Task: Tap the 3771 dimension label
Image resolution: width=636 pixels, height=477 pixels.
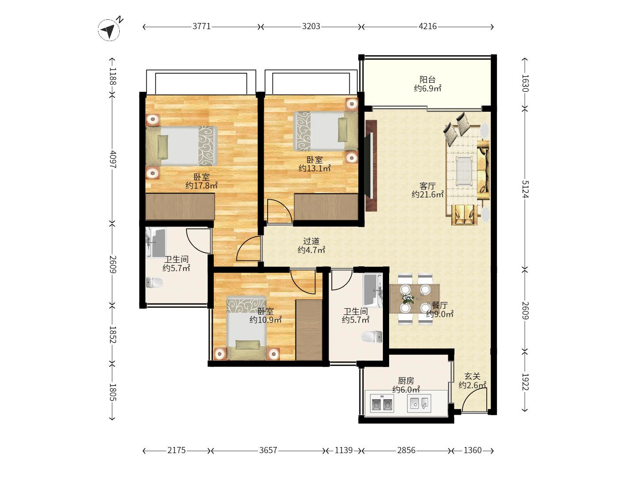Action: click(x=202, y=26)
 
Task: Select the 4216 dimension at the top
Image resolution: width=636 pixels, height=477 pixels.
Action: click(x=428, y=26)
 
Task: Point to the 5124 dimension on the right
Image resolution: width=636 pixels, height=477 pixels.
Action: click(x=525, y=189)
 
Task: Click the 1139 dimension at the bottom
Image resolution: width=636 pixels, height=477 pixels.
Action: click(x=344, y=450)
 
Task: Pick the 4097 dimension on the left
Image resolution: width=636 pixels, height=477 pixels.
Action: click(x=113, y=159)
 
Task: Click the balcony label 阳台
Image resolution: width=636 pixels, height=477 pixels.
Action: click(x=428, y=79)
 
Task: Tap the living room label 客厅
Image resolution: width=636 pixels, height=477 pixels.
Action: click(x=428, y=185)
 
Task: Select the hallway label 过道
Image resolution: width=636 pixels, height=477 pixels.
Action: click(x=311, y=241)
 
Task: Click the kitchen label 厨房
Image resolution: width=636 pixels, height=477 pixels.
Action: click(x=406, y=381)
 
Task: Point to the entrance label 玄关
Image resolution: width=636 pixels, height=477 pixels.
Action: click(x=472, y=376)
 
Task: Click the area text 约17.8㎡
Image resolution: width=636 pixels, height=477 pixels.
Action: click(x=202, y=185)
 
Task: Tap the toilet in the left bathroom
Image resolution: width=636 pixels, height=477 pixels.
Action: click(x=155, y=282)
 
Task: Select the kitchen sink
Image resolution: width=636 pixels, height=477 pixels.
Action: click(x=419, y=403)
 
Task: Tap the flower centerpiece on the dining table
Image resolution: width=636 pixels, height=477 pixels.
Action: click(x=407, y=298)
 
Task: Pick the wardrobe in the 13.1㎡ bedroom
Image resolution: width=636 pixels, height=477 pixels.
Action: click(x=326, y=207)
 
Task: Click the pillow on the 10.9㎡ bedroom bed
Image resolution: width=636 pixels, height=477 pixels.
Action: click(x=248, y=344)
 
